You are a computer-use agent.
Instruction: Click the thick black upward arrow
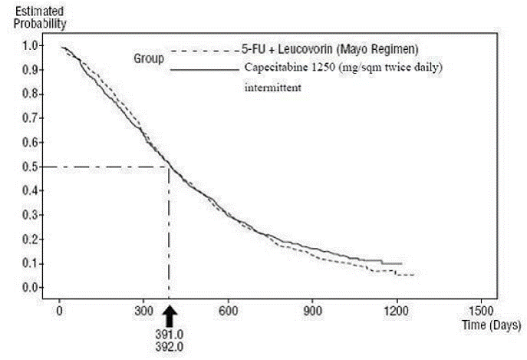tap(170, 315)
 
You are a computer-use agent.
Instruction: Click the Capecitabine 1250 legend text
tap(343, 68)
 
